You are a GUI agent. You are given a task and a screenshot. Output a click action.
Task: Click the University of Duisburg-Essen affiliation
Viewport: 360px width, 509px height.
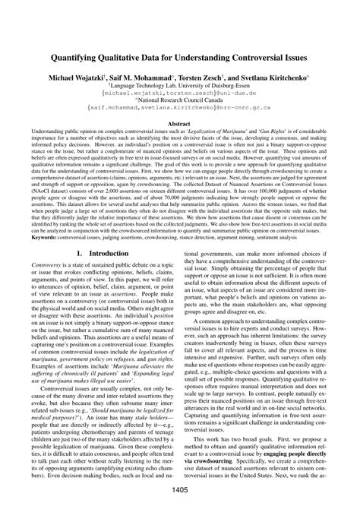(x=180, y=87)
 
